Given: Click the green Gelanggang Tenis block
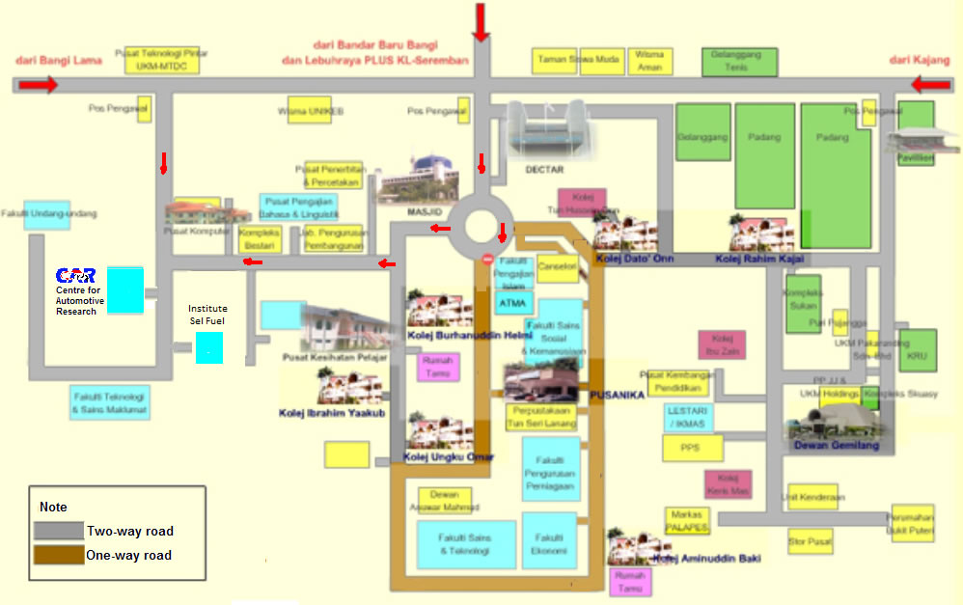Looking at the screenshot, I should point(736,62).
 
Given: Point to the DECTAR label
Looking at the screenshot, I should point(543,170).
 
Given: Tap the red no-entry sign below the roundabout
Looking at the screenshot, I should point(488,260).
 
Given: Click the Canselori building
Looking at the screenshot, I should point(557,267).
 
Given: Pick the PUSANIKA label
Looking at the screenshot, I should point(617,394).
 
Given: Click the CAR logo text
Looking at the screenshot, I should point(76,276).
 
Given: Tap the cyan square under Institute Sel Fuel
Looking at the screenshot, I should point(209,347).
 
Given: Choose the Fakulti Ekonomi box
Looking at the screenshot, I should point(549,540).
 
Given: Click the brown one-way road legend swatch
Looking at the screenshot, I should point(58,555).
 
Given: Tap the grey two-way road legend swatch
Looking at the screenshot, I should point(58,531).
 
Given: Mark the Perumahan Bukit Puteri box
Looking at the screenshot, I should point(912,523).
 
